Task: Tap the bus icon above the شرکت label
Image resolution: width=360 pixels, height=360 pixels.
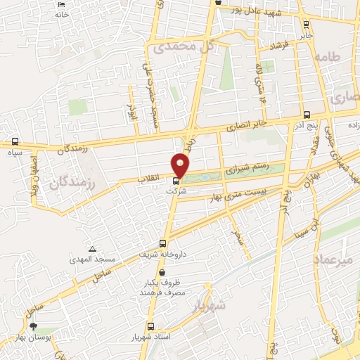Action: [176, 181]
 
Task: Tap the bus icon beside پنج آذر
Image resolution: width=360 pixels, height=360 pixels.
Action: [305, 115]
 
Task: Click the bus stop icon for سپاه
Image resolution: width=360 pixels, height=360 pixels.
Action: [15, 142]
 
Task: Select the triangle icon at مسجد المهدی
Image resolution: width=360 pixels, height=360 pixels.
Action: [92, 249]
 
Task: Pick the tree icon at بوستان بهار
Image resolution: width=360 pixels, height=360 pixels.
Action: [33, 326]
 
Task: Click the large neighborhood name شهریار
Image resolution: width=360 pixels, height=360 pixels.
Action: [208, 307]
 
